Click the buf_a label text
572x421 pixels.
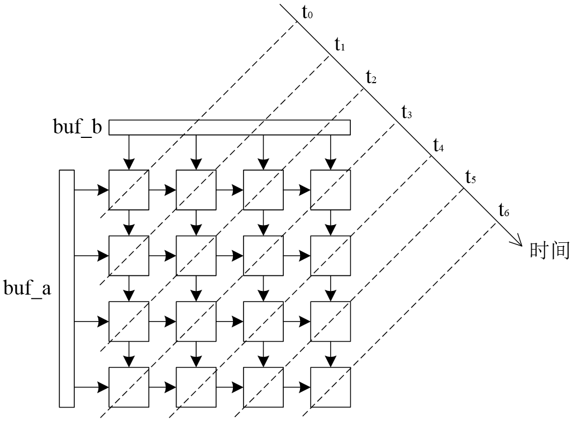pyautogui.click(x=27, y=289)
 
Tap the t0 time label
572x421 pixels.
pyautogui.click(x=307, y=12)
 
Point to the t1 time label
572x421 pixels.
pyautogui.click(x=340, y=44)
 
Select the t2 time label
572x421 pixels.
pyautogui.click(x=371, y=77)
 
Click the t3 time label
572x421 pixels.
pyautogui.click(x=407, y=112)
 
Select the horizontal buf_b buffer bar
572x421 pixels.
pyautogui.click(x=229, y=128)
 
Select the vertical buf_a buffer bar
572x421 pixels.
pyautogui.click(x=66, y=288)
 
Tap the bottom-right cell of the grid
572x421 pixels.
pyautogui.click(x=330, y=387)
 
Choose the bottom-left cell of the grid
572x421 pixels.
pyautogui.click(x=129, y=387)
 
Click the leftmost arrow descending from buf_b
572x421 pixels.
pyautogui.click(x=129, y=152)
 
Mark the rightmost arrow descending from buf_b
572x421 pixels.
pyautogui.click(x=330, y=152)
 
